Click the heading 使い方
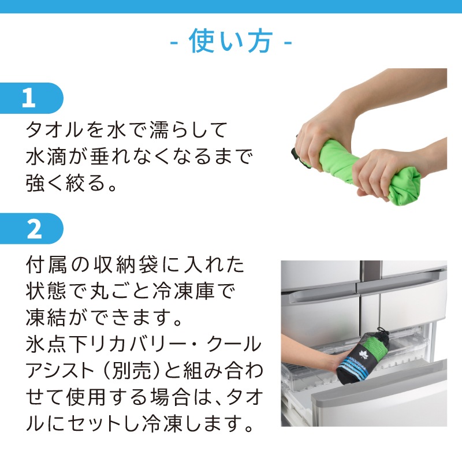(x=230, y=41)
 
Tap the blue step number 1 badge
(x=31, y=98)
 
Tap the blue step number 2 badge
(x=31, y=229)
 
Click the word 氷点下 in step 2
(x=56, y=344)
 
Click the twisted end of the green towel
(x=405, y=186)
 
